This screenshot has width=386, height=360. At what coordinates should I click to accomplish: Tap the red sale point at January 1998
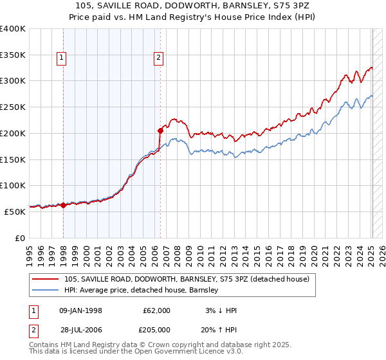point(64,205)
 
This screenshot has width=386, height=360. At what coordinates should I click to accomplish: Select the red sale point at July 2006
point(160,130)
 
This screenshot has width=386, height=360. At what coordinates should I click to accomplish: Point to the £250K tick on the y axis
point(13,107)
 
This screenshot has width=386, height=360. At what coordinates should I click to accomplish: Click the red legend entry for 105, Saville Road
point(187,279)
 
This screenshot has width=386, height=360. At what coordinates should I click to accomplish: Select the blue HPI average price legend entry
point(141,290)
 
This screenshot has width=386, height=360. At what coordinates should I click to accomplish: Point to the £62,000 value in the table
point(155,310)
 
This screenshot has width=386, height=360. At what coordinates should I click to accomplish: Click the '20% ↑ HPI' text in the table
point(220,328)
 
